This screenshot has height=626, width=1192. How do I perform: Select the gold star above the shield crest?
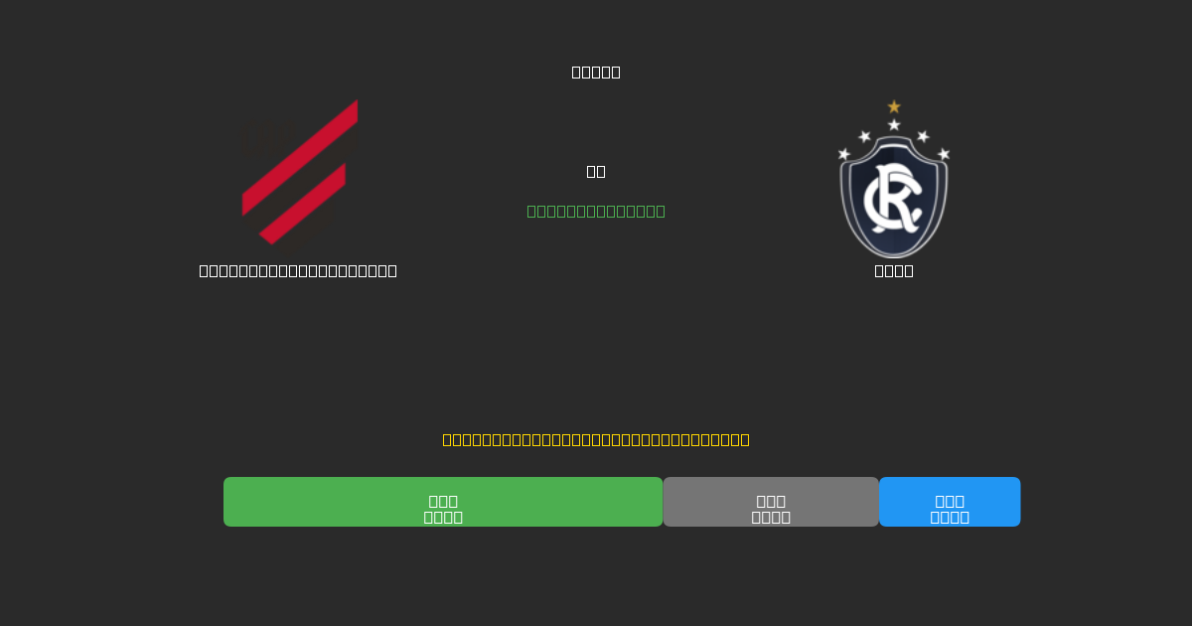(x=894, y=106)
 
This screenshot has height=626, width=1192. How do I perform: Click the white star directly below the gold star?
(x=894, y=125)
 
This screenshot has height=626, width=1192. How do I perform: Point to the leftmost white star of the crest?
(x=844, y=154)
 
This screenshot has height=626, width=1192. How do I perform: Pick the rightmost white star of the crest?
(x=944, y=154)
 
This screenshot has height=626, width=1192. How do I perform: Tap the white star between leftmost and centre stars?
(x=864, y=136)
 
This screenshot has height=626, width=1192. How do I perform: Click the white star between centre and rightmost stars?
(x=923, y=136)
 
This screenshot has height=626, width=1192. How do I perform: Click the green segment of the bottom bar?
(x=443, y=502)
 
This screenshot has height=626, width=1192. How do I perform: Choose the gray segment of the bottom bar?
(x=771, y=502)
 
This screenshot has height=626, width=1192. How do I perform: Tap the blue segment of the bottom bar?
(x=950, y=502)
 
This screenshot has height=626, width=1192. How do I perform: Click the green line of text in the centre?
(x=596, y=211)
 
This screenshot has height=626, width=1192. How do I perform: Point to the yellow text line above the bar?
(x=596, y=439)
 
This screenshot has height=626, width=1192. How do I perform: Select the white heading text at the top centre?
(x=596, y=72)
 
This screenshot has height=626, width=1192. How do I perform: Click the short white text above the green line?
(x=596, y=171)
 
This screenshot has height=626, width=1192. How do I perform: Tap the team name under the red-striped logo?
(x=298, y=270)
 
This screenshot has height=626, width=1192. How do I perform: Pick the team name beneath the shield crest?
(x=894, y=270)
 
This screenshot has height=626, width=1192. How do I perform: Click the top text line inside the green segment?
(x=443, y=501)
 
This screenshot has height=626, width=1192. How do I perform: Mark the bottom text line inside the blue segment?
(x=950, y=517)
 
